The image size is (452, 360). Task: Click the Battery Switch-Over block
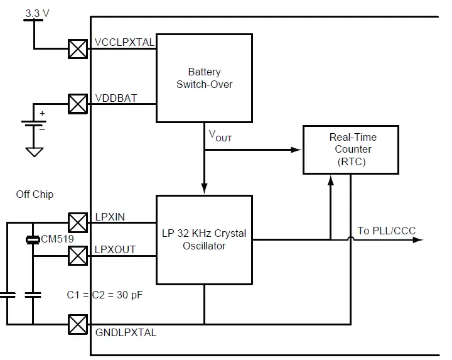click(x=204, y=78)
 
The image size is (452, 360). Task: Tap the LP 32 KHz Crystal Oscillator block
click(x=204, y=239)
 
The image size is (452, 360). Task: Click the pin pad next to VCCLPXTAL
click(x=78, y=49)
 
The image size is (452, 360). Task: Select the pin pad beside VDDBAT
click(x=78, y=104)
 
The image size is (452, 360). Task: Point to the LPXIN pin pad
click(x=78, y=222)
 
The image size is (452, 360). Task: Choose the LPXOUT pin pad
click(x=78, y=255)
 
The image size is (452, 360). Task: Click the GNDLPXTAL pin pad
click(x=78, y=325)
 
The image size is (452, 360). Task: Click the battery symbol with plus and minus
click(x=33, y=125)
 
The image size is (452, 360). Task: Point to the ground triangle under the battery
click(x=34, y=152)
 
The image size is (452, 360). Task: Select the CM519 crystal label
click(x=57, y=239)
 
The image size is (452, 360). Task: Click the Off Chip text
click(x=35, y=195)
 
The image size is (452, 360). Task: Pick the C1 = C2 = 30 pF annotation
click(x=105, y=294)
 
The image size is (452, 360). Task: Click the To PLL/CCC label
click(x=386, y=231)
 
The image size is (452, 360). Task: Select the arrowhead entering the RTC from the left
click(x=297, y=150)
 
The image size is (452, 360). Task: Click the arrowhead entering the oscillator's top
click(x=204, y=189)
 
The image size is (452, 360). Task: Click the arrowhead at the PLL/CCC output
click(x=419, y=239)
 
